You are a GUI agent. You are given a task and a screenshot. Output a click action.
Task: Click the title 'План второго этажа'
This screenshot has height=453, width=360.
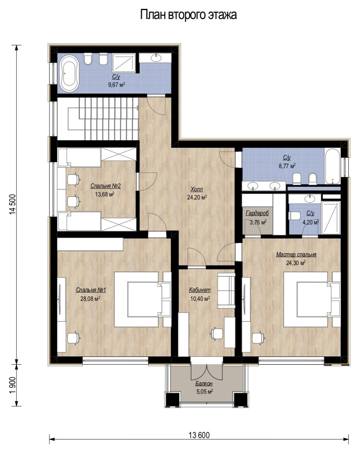(188, 15)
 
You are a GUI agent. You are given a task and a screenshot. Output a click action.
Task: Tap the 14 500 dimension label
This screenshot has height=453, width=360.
(13, 204)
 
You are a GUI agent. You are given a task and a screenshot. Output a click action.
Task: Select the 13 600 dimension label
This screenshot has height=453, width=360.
(199, 435)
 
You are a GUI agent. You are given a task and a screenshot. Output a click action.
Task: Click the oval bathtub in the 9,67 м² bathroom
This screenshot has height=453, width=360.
(69, 74)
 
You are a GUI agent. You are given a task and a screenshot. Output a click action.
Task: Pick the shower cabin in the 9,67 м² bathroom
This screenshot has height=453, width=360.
(124, 63)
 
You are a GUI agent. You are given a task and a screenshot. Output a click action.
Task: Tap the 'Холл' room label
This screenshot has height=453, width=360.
(196, 189)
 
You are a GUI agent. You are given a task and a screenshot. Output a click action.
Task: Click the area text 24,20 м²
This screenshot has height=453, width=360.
(197, 197)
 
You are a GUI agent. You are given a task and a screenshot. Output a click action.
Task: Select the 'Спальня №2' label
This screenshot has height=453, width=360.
(105, 186)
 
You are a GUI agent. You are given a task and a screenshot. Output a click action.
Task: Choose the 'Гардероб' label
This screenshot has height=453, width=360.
(257, 213)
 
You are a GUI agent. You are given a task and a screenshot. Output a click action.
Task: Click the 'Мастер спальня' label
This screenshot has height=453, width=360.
(296, 255)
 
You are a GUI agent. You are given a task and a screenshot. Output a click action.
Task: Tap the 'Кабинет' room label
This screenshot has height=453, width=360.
(200, 290)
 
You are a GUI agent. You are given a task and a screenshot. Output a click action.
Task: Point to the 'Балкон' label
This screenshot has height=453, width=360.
(204, 384)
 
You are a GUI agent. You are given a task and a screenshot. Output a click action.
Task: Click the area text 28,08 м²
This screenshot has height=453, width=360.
(90, 299)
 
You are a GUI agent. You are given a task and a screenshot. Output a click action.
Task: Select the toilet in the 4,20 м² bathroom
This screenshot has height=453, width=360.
(294, 216)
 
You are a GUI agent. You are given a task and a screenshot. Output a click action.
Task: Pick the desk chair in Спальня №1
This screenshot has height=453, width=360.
(73, 339)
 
